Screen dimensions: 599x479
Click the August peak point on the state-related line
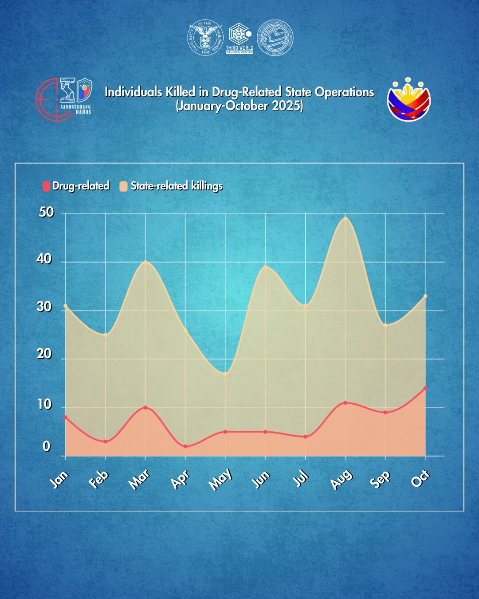pyautogui.click(x=346, y=218)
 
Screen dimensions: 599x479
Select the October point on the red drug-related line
pyautogui.click(x=425, y=388)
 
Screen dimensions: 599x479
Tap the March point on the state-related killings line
pyautogui.click(x=145, y=262)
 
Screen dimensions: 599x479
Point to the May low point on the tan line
pyautogui.click(x=225, y=374)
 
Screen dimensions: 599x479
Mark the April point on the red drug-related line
pyautogui.click(x=185, y=446)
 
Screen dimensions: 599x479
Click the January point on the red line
pyautogui.click(x=66, y=417)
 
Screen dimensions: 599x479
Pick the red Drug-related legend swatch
pyautogui.click(x=46, y=186)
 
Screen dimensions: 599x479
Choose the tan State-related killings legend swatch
pyautogui.click(x=123, y=186)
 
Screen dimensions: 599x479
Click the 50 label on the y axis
pyautogui.click(x=46, y=212)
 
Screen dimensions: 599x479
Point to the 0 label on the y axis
pyautogui.click(x=46, y=446)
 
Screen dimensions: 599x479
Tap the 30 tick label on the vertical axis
pyautogui.click(x=44, y=307)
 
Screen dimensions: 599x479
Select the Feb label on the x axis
pyautogui.click(x=98, y=479)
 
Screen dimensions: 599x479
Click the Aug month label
pyautogui.click(x=341, y=480)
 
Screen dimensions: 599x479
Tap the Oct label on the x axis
pyautogui.click(x=420, y=478)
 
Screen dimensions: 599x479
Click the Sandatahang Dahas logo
pyautogui.click(x=64, y=99)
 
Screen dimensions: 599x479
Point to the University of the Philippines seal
pyautogui.click(x=205, y=38)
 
